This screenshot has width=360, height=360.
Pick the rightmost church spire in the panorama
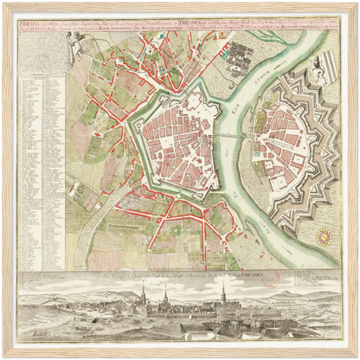223,294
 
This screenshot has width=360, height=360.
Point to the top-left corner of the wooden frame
3,3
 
